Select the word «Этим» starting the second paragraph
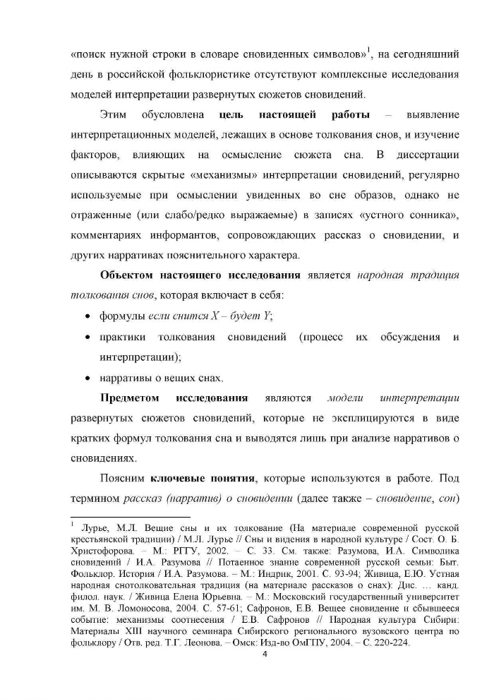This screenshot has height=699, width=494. click(x=114, y=114)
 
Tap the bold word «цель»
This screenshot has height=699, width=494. click(x=234, y=114)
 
